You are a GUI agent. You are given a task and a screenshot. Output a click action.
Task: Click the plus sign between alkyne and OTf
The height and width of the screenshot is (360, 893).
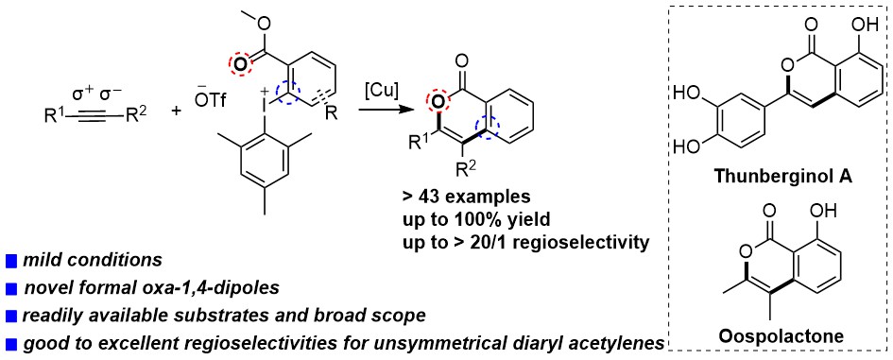(177, 112)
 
